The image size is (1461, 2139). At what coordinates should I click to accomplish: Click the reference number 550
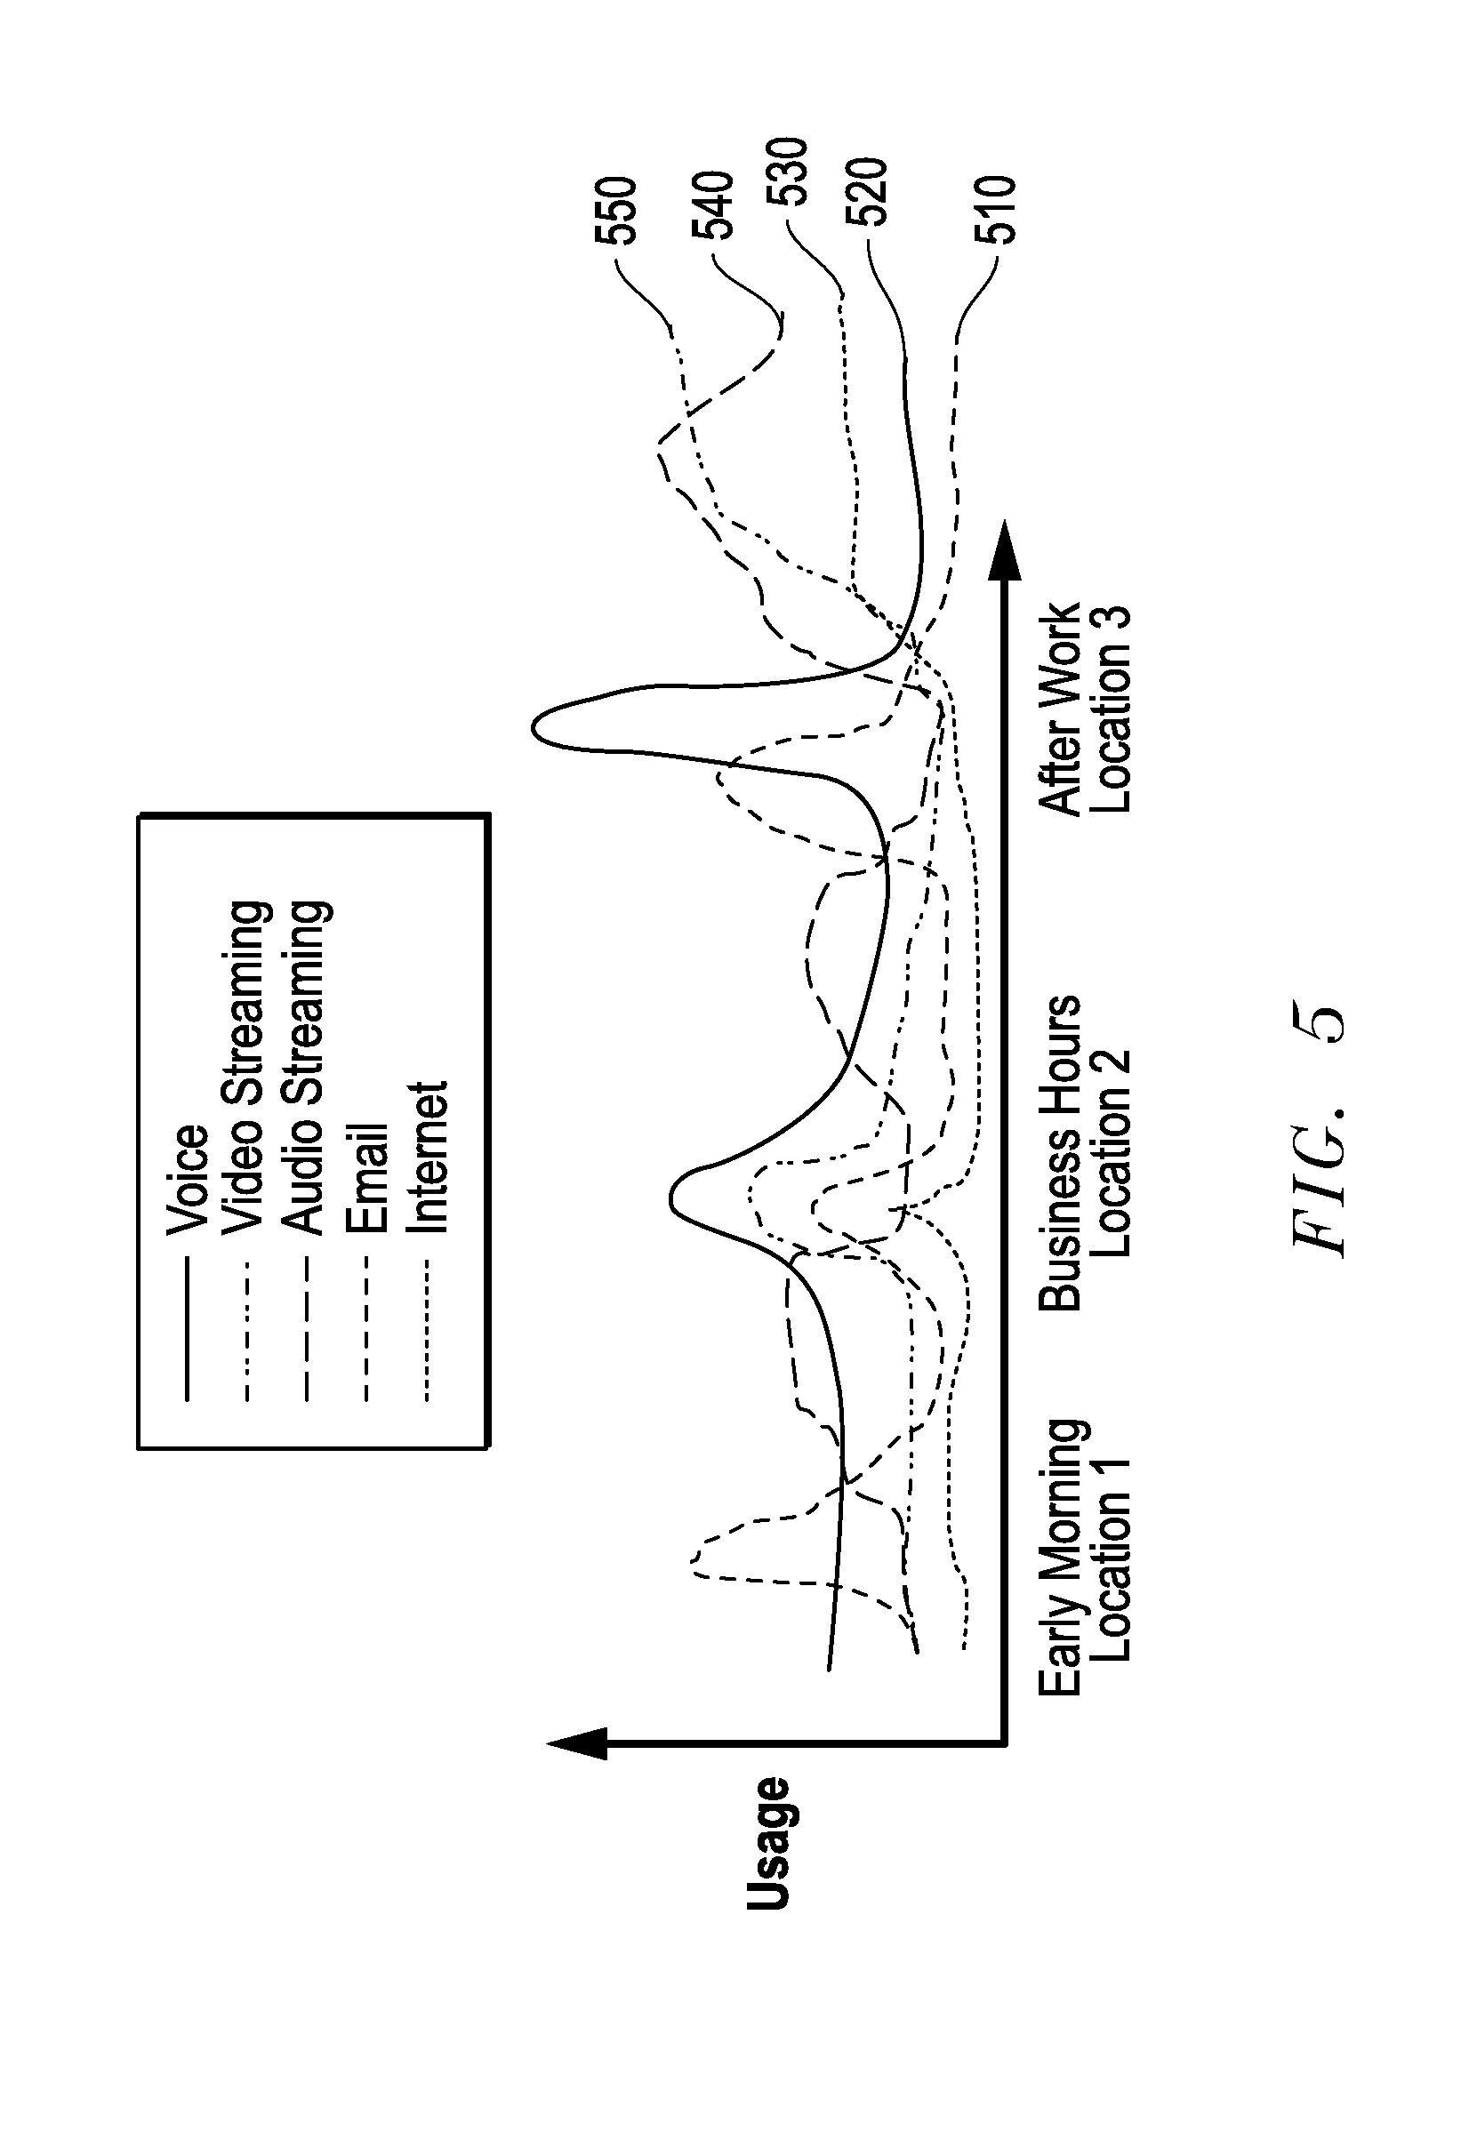point(615,210)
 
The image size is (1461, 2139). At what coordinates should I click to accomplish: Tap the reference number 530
point(789,172)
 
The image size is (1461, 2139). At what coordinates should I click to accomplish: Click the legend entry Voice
point(188,1179)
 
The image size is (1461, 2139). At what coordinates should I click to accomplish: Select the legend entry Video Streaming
point(246,1067)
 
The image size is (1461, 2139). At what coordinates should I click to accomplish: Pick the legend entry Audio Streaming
point(307,1067)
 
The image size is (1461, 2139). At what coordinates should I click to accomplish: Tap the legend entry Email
point(367,1178)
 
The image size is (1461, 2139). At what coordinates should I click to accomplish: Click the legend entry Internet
point(427,1157)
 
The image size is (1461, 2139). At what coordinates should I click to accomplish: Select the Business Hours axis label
point(1061,1152)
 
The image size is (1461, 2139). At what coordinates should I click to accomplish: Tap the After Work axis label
point(1061,709)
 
